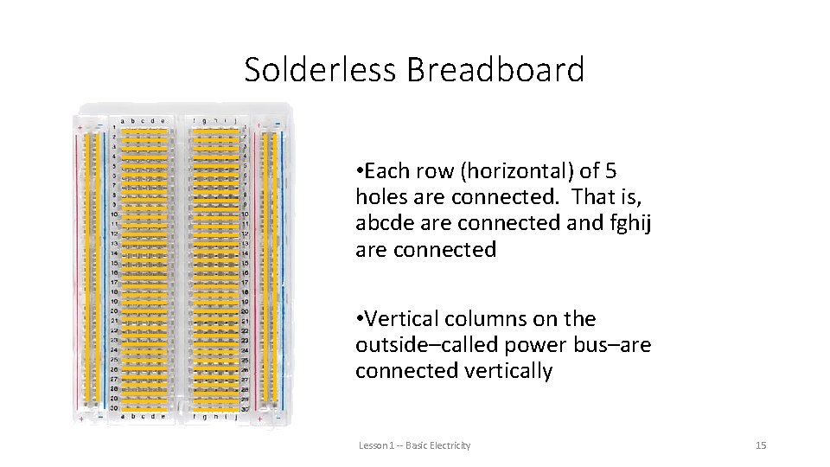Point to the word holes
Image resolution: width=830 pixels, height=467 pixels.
pyautogui.click(x=381, y=197)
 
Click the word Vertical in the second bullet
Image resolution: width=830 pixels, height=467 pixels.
pyautogui.click(x=402, y=319)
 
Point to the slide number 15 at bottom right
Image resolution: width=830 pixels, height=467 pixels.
pyautogui.click(x=761, y=445)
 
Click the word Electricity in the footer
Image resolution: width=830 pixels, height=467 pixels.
pyautogui.click(x=452, y=445)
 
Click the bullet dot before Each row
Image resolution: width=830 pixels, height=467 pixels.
pyautogui.click(x=359, y=171)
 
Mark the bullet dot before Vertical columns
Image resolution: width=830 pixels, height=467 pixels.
pyautogui.click(x=359, y=319)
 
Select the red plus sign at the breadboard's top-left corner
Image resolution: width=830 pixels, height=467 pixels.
pyautogui.click(x=80, y=126)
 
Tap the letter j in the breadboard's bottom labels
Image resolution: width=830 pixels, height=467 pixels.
pyautogui.click(x=235, y=417)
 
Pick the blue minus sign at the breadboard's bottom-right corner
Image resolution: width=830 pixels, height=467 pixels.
pyautogui.click(x=276, y=419)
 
